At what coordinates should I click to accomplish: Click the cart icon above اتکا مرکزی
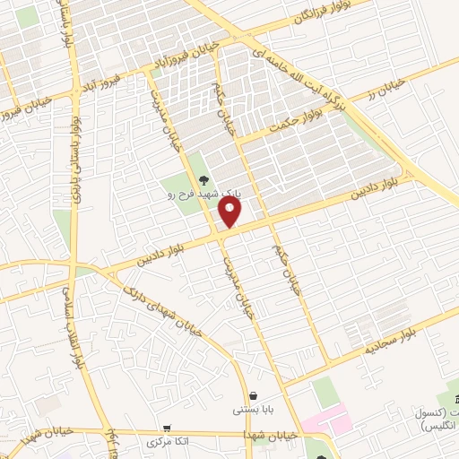pos(166,429)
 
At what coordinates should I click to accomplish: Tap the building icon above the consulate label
pos(454,397)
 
